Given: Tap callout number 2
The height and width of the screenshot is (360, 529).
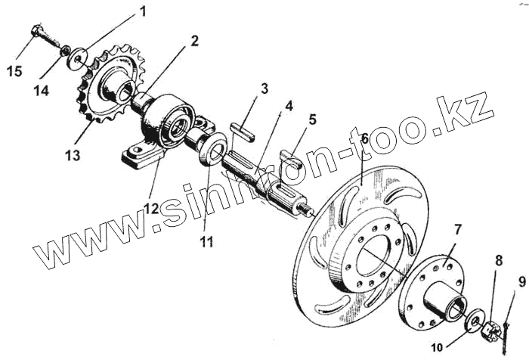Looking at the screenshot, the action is coord(194,41).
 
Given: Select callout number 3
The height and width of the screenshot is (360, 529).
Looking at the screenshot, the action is coord(263,88).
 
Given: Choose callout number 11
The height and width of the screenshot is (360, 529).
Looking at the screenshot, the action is coord(206,242).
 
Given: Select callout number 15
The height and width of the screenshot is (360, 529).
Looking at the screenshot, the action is coord(15,71).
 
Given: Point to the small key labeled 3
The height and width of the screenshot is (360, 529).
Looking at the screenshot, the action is coord(243,129).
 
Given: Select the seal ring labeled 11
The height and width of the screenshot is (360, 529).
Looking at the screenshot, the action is coord(214,150).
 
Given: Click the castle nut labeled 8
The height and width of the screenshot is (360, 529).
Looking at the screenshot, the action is coord(487,328).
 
